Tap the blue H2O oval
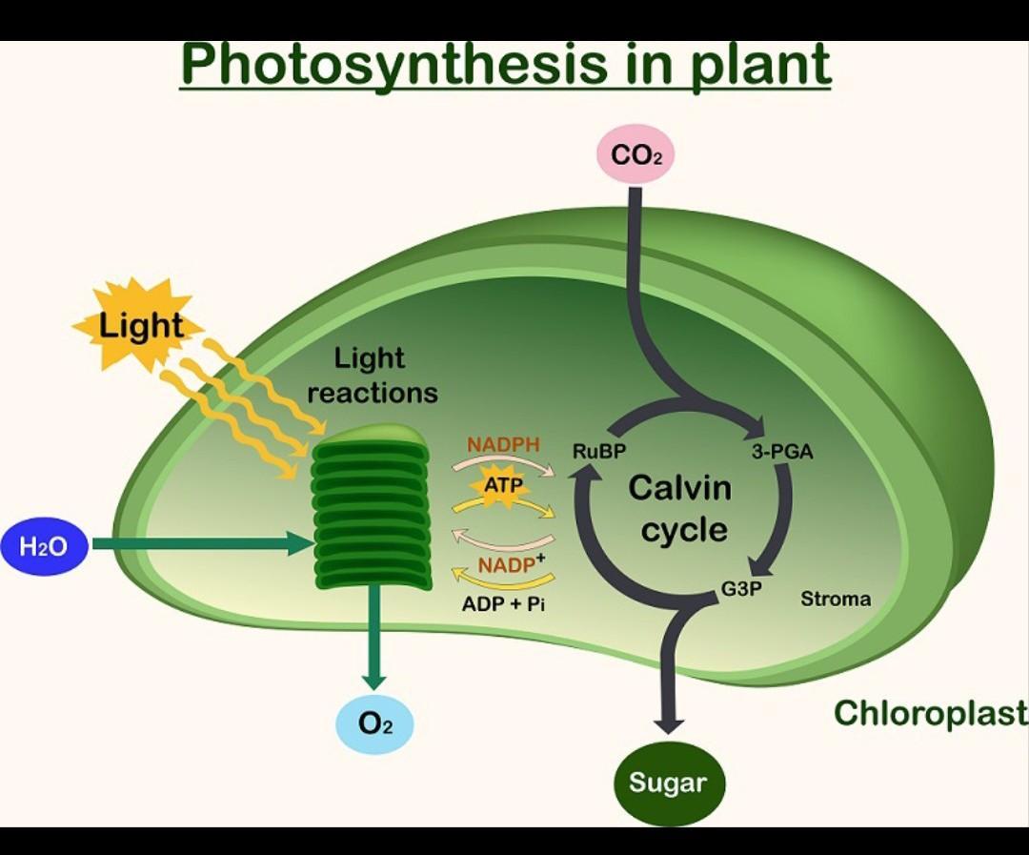coord(45,546)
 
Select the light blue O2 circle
coord(374,724)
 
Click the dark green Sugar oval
coord(668,784)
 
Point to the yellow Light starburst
coord(140,325)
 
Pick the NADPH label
coord(503,445)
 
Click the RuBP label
coord(598,452)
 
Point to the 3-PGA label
coord(782,452)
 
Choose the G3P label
coord(741,589)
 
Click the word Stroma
coord(836,600)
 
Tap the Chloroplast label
coord(930,713)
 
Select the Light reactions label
coord(372,376)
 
